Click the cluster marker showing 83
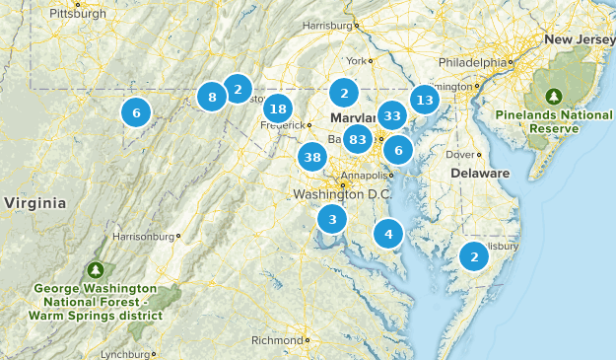358,139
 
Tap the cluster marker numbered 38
313,157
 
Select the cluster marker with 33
392,115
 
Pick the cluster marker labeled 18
278,109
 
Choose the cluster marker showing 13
425,99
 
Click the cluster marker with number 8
212,97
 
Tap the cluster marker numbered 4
388,234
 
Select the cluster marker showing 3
333,220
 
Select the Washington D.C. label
342,194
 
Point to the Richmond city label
277,341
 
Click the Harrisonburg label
144,237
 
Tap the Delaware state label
480,174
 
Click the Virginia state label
34,203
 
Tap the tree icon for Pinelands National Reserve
554,96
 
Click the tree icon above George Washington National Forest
96,268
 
